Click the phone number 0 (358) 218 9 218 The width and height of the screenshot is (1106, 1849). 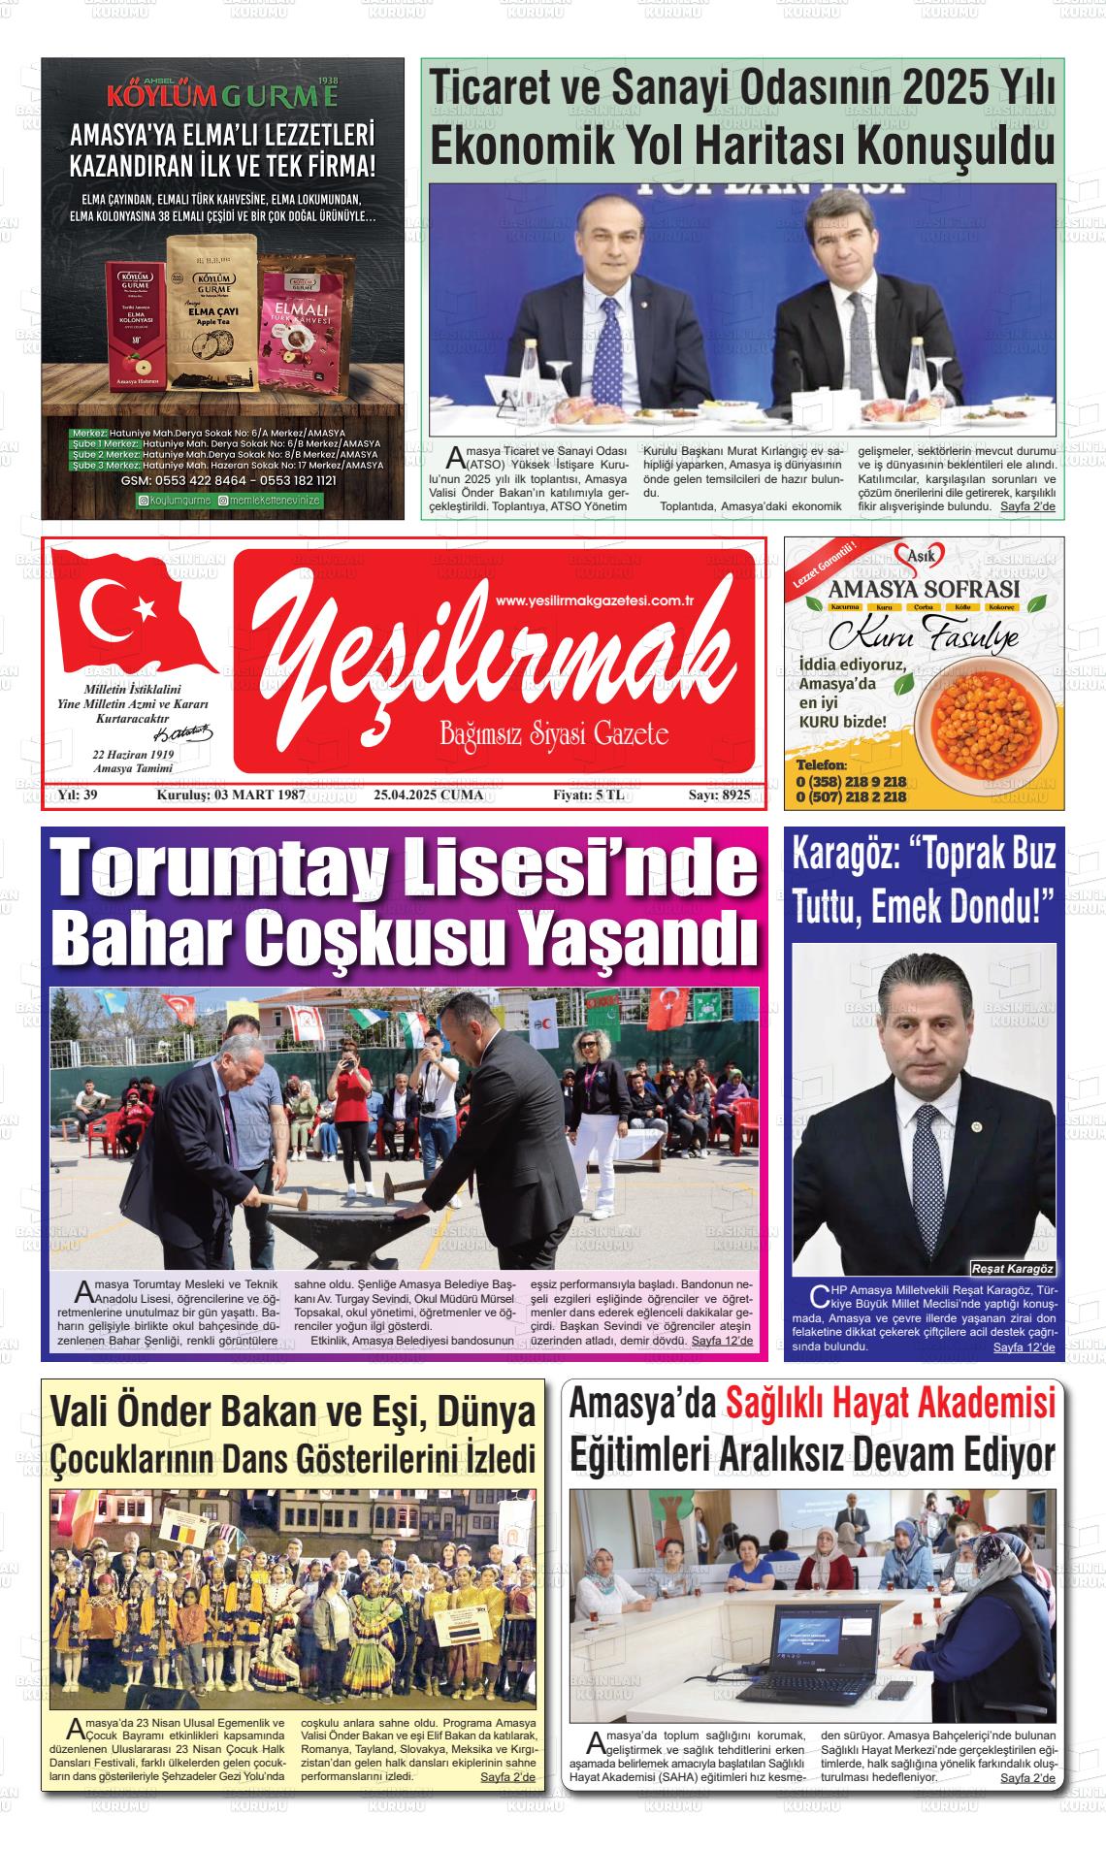coord(851,781)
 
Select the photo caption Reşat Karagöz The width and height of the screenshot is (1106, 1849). coord(1013,1269)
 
